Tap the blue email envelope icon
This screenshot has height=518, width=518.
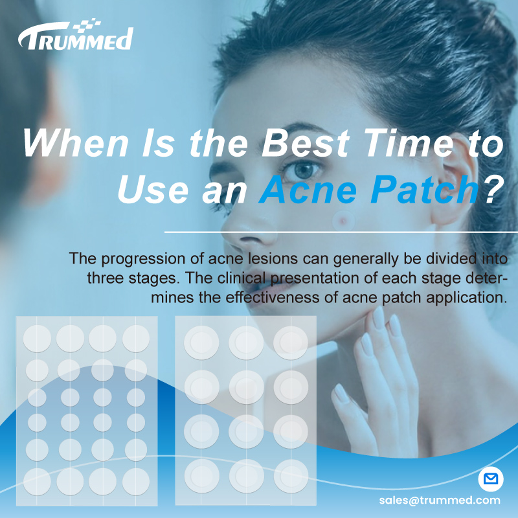(491, 480)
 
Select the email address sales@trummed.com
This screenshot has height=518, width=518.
(440, 500)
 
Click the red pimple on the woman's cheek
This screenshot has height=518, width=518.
(340, 221)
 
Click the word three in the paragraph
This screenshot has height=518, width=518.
(106, 279)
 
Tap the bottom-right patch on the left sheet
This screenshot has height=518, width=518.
(135, 481)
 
